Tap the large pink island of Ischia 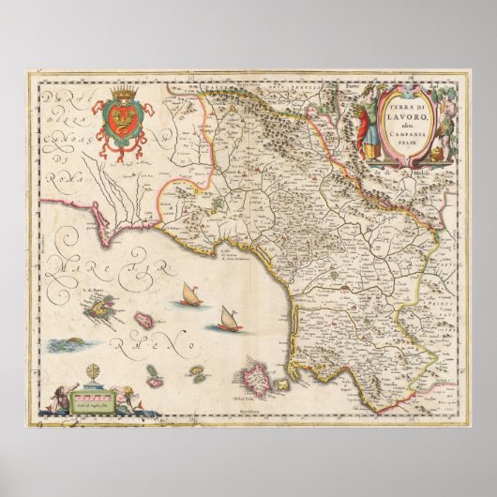[256, 380]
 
